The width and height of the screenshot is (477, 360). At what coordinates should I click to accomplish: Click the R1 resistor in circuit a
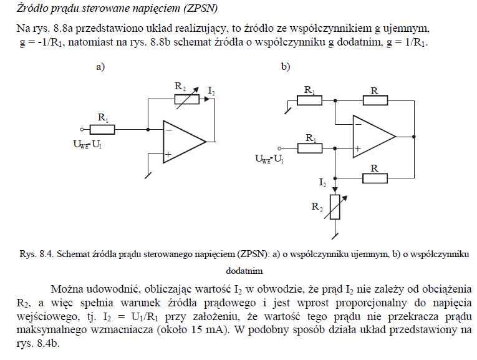(x=102, y=130)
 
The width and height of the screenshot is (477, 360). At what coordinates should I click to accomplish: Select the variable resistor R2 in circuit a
(x=187, y=99)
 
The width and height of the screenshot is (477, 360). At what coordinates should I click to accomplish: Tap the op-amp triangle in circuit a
(x=185, y=142)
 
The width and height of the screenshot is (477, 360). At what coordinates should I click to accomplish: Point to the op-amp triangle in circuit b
(x=374, y=137)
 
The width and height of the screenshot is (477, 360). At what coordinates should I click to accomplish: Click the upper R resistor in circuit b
(x=375, y=100)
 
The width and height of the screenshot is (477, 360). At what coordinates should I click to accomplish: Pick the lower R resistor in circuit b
(x=375, y=178)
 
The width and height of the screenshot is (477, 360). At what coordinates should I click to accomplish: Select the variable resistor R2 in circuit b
(x=335, y=207)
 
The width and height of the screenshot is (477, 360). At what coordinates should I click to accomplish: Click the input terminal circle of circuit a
(x=82, y=130)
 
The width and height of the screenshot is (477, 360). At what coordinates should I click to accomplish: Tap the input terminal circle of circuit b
(x=279, y=148)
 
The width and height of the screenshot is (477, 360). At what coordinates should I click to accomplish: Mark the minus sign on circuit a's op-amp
(x=169, y=130)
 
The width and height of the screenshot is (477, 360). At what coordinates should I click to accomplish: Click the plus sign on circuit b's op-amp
(x=358, y=149)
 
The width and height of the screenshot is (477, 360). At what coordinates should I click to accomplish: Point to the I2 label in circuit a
(x=211, y=91)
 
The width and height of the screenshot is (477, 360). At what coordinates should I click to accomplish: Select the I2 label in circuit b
(x=322, y=183)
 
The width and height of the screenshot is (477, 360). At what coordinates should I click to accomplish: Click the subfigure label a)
(x=100, y=67)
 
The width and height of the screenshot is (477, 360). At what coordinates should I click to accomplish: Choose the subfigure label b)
(x=286, y=67)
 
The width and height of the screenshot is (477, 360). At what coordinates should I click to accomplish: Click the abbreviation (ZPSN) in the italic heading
(x=201, y=8)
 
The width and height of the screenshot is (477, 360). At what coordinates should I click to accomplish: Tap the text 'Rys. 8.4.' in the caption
(x=37, y=254)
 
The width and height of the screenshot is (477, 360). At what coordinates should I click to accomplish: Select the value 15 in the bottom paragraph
(x=198, y=330)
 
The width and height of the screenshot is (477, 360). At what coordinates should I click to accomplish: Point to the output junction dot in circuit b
(x=414, y=137)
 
